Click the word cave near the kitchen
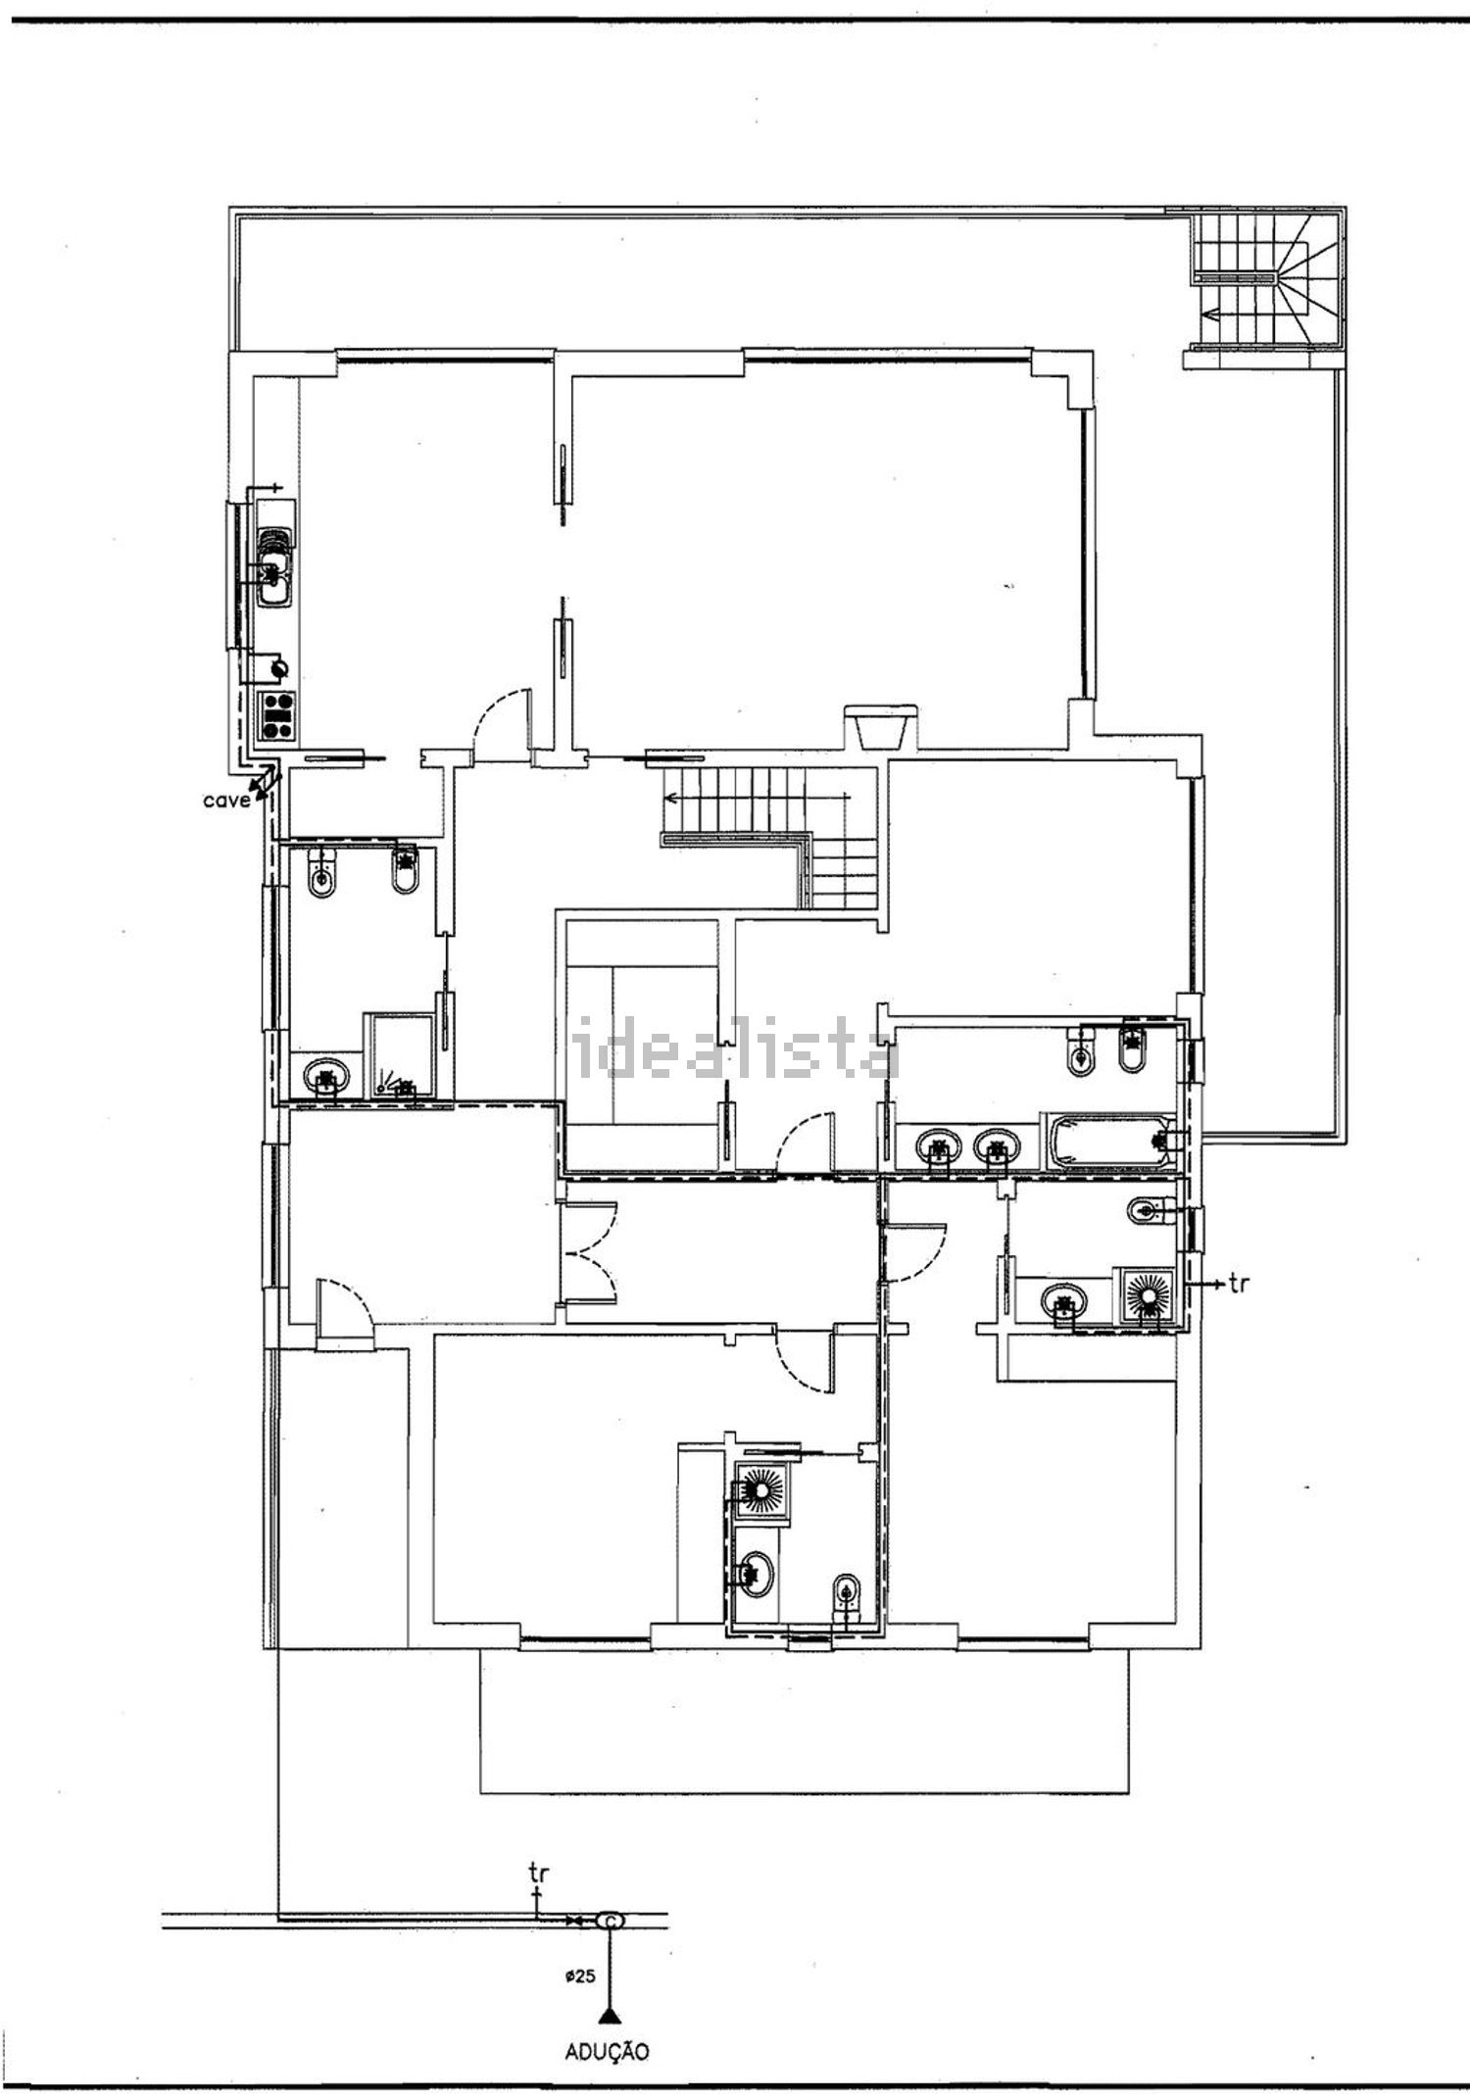point(226,801)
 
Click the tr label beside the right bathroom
point(1240,1282)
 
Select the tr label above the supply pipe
point(538,1873)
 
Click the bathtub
point(1111,1142)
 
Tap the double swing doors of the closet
point(588,1251)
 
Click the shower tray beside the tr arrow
point(1146,1297)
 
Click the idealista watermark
point(735,1049)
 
